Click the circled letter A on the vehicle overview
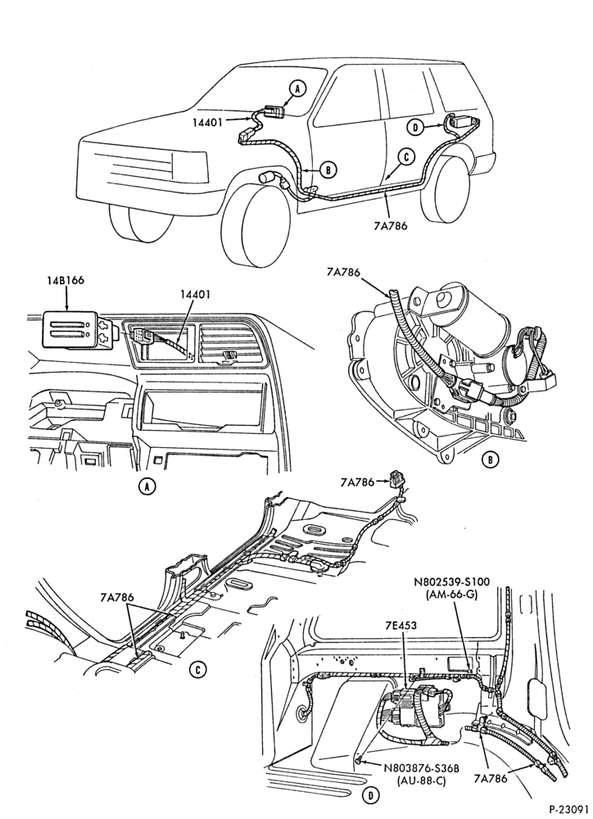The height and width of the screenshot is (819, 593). pyautogui.click(x=296, y=88)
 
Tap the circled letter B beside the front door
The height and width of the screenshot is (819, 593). pyautogui.click(x=328, y=170)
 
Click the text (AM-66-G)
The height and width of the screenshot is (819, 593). pyautogui.click(x=452, y=594)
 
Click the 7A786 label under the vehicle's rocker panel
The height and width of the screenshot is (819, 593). pyautogui.click(x=392, y=226)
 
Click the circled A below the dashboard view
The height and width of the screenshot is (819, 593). pyautogui.click(x=147, y=486)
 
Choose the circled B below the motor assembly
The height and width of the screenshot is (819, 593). pyautogui.click(x=490, y=459)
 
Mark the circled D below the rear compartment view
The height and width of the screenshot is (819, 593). pyautogui.click(x=370, y=795)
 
